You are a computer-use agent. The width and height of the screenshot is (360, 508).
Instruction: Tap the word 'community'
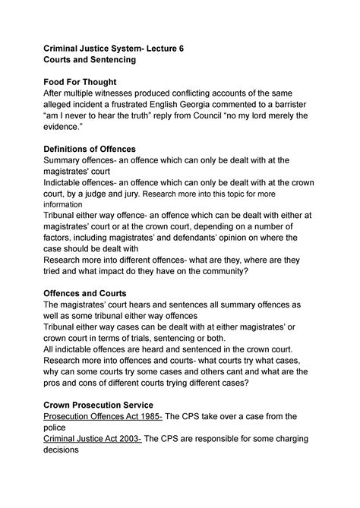pos(222,270)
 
